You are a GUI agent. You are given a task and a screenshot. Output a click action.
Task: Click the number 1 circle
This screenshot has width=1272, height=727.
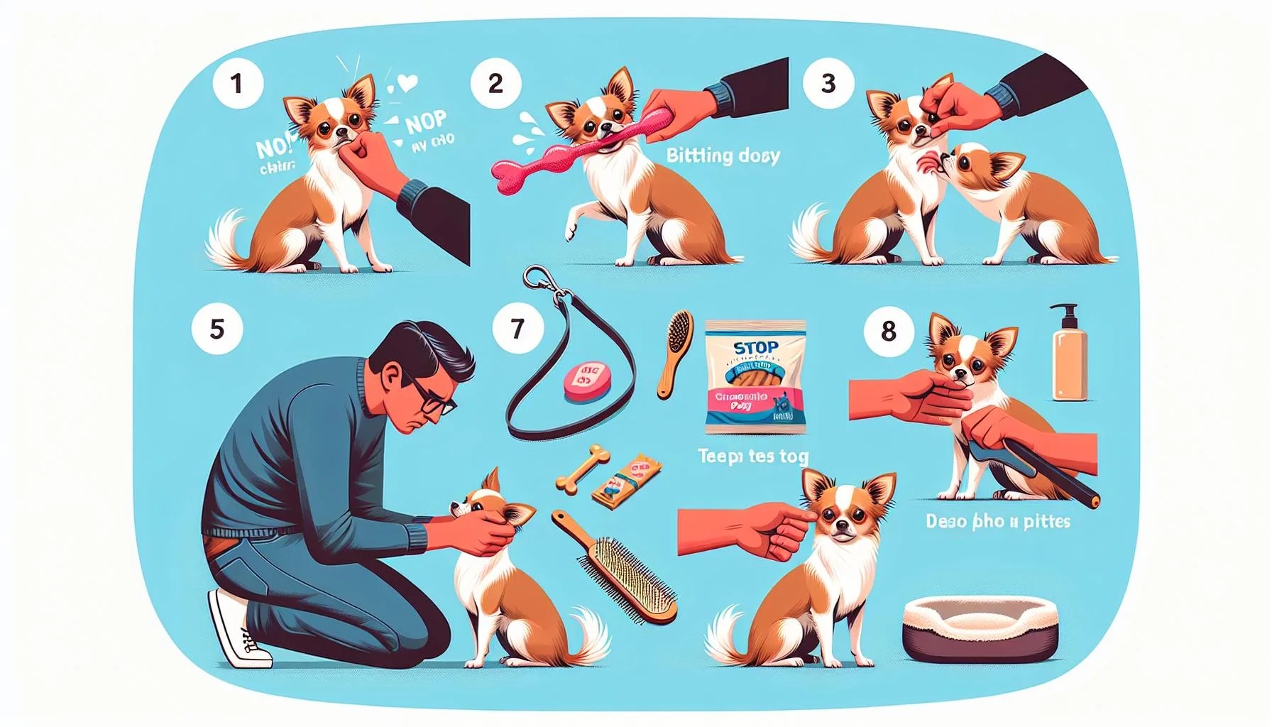point(237,84)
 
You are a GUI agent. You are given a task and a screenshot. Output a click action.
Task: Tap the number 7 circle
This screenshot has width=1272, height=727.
point(517,329)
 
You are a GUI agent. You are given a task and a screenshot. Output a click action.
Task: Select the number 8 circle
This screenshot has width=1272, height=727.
point(889,331)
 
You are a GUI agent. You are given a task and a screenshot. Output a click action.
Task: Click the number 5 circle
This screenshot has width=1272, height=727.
point(217,329)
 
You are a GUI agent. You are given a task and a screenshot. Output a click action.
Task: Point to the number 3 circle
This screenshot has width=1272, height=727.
point(828,83)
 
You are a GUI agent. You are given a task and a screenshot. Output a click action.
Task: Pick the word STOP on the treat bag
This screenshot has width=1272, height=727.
point(755,348)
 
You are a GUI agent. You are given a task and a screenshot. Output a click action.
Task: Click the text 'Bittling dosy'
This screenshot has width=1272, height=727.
point(723,155)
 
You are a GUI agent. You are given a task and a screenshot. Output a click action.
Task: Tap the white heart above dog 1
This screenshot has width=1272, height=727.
point(407,84)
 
